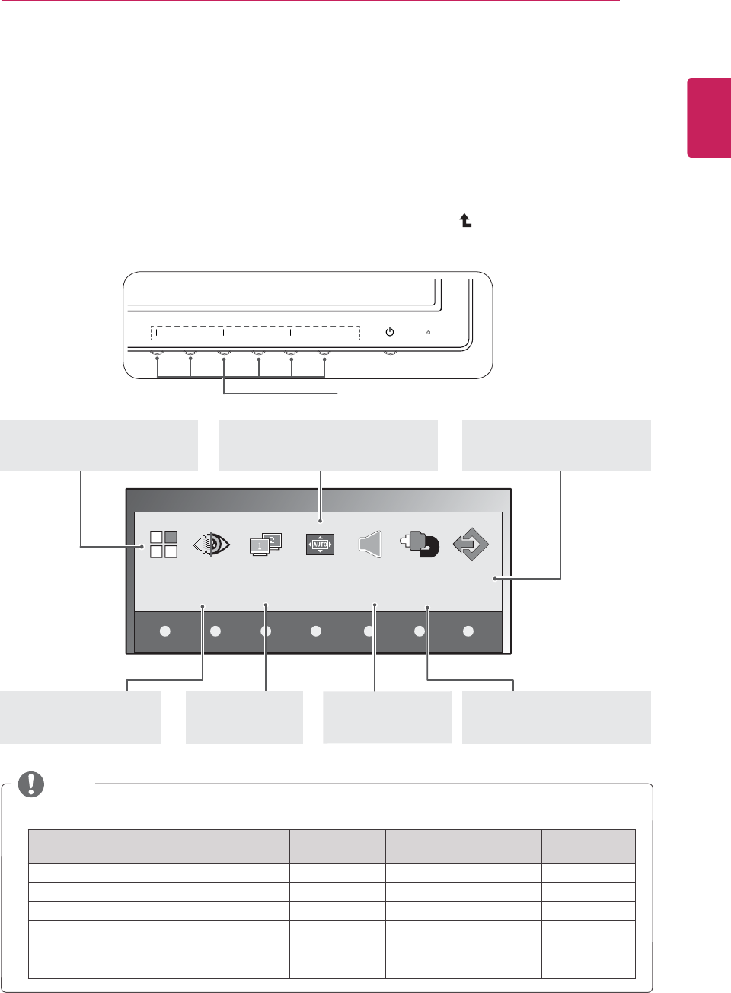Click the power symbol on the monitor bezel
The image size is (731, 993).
click(390, 332)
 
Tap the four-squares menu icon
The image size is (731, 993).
click(164, 544)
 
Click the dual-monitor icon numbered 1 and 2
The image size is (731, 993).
click(266, 544)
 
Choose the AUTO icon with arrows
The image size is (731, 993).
click(320, 544)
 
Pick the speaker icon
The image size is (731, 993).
click(370, 544)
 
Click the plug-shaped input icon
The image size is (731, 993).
click(420, 544)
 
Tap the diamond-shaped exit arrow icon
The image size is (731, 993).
click(471, 544)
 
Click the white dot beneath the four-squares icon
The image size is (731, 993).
click(165, 631)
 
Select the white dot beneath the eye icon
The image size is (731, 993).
click(215, 631)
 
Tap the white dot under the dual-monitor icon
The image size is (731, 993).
click(266, 631)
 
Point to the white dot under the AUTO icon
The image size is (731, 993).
click(316, 631)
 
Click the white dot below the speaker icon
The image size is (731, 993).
click(369, 631)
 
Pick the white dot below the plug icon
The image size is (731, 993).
click(419, 631)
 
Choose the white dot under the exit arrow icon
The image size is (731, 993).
click(468, 631)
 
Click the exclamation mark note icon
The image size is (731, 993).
click(31, 784)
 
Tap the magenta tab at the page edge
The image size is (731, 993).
click(709, 117)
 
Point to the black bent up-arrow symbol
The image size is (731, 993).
click(465, 220)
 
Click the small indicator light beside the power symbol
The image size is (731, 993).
click(429, 333)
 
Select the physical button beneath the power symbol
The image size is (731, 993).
click(390, 353)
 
